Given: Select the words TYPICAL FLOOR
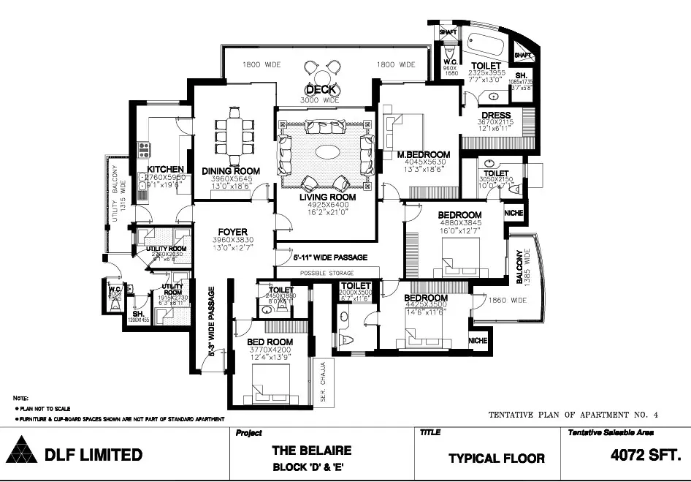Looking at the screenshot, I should point(496,459).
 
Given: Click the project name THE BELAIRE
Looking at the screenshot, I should point(312,451).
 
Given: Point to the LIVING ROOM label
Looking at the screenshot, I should point(328,197).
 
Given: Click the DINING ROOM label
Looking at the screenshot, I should point(231,172).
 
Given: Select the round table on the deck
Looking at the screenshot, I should point(322,73).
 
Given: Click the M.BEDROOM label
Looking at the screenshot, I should point(424,155).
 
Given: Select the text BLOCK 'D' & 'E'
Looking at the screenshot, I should point(312,467).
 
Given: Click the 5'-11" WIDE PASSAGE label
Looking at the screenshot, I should point(330,257).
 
